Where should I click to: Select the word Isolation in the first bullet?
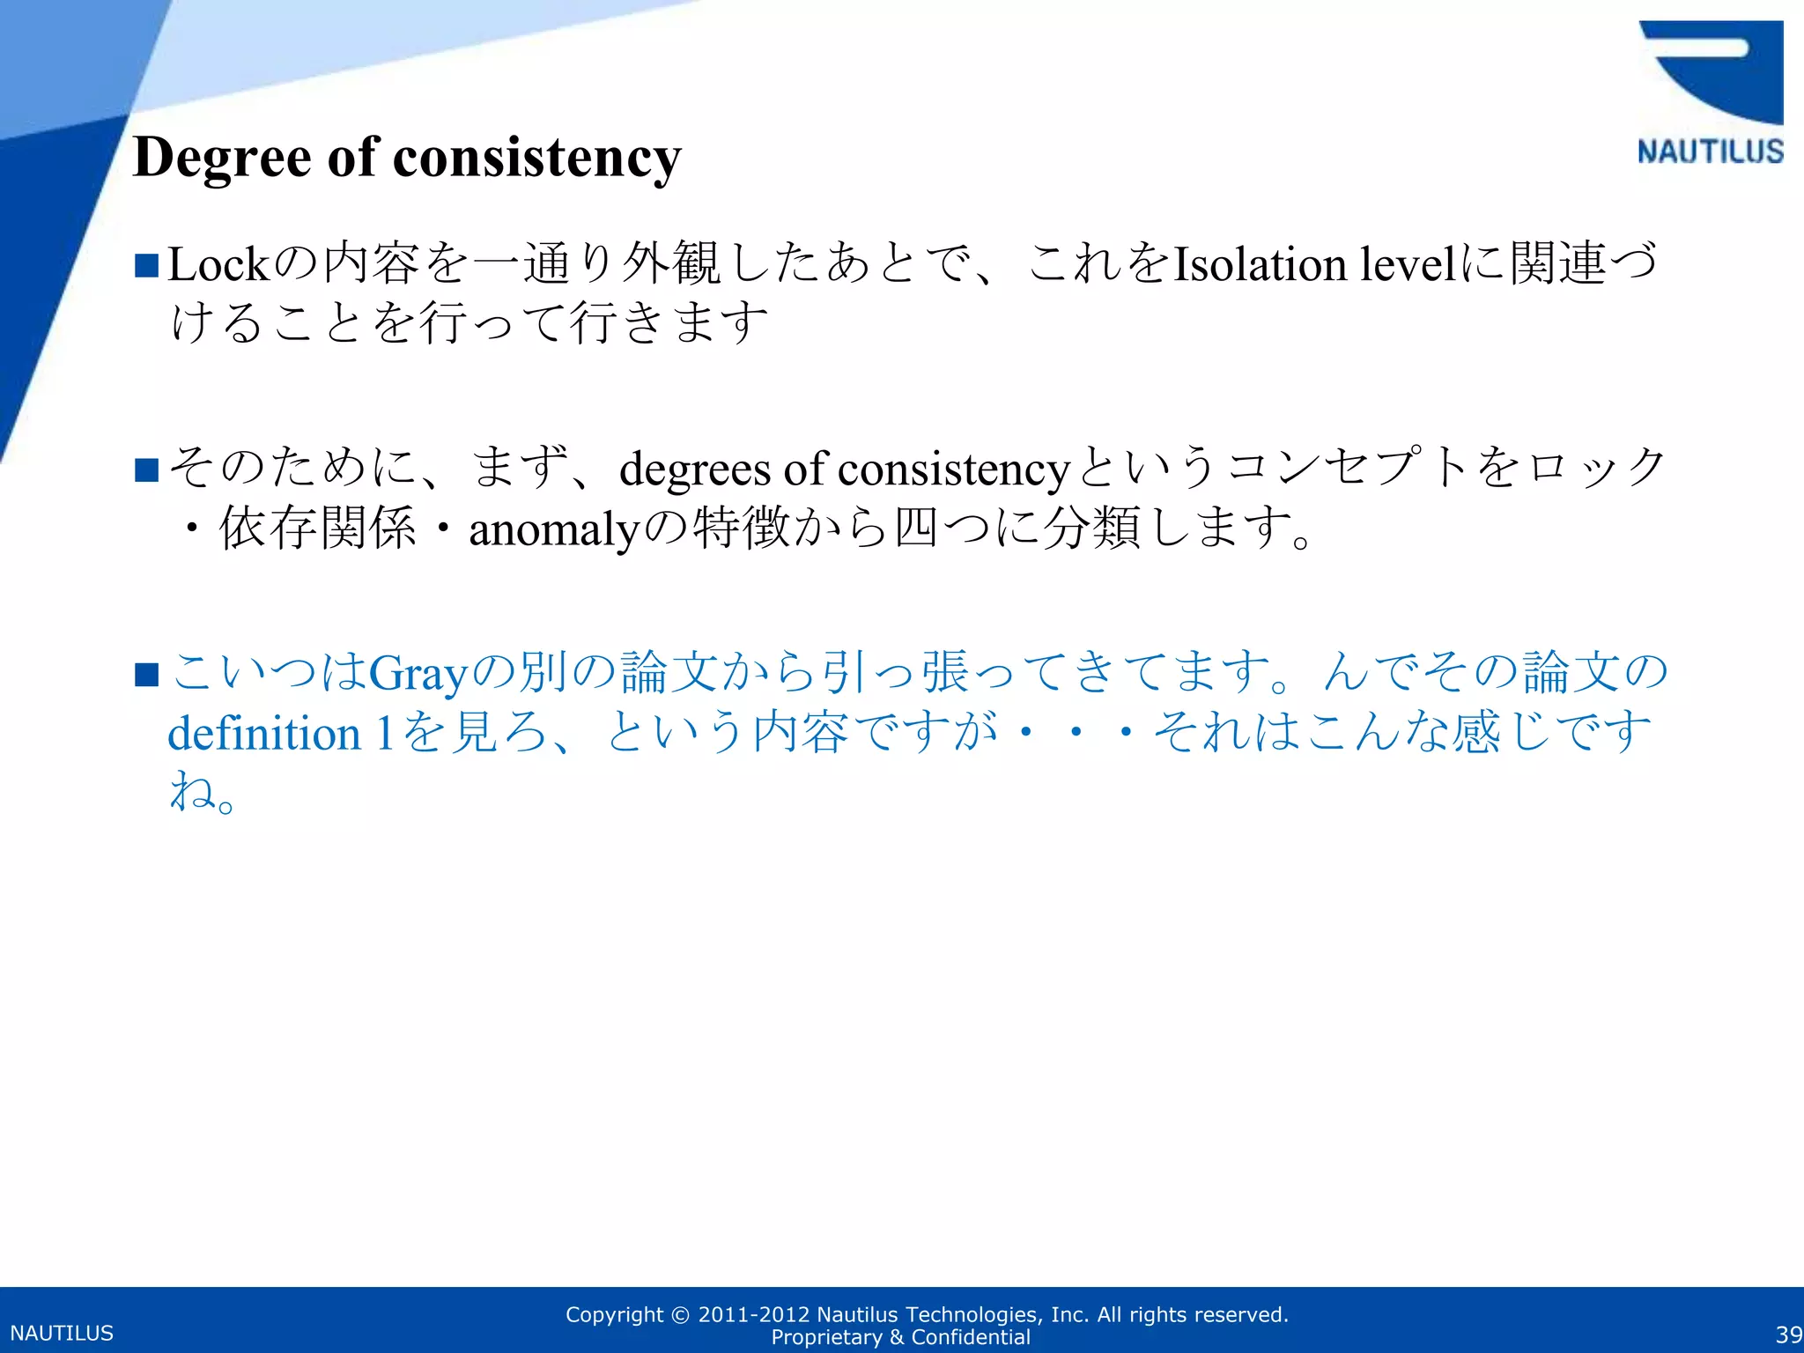1261,264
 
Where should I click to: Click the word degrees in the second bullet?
695,469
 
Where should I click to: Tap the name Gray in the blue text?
417,675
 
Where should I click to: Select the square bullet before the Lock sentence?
146,265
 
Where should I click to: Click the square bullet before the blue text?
146,676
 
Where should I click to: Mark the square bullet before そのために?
146,470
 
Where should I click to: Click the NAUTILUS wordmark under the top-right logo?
1710,152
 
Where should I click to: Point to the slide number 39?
1788,1335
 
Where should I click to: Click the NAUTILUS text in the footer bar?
62,1334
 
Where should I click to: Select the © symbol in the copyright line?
680,1315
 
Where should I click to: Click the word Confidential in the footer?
971,1337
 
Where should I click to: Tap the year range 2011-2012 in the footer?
753,1315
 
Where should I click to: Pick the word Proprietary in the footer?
826,1337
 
